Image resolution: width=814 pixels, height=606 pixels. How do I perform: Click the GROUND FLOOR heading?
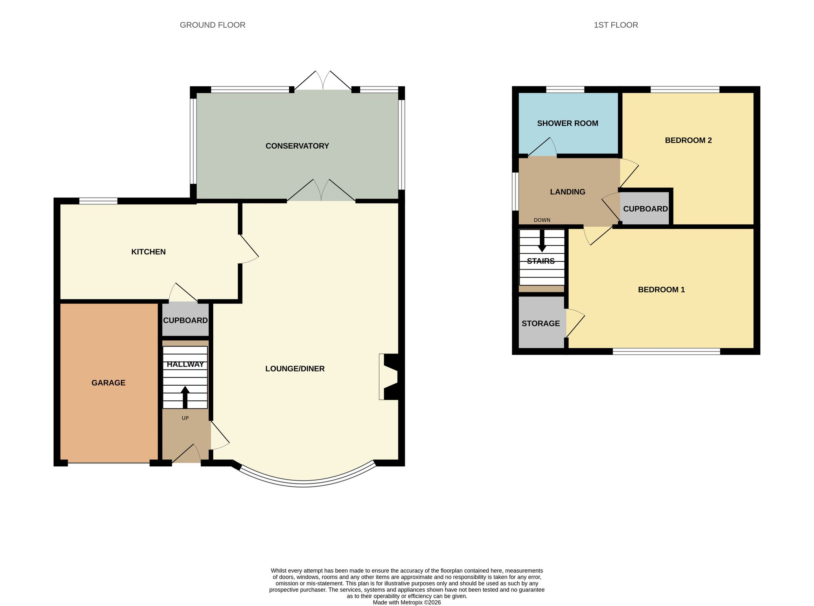pos(212,25)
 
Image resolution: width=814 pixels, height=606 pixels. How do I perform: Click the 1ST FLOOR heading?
pos(616,25)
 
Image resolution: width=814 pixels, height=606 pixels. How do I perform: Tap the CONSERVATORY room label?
pos(297,146)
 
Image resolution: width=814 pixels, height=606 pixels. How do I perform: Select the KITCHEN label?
pos(148,252)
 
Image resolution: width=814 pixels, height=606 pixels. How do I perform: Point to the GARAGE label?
pos(108,383)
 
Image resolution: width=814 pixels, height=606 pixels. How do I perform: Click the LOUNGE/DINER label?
pos(295,369)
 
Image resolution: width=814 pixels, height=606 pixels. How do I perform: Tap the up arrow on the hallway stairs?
pos(185,397)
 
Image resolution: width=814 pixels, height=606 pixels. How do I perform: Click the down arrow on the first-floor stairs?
pos(542,241)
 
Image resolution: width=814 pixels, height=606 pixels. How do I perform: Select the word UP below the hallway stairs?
pos(185,418)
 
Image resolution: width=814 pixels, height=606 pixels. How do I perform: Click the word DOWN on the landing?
pos(542,220)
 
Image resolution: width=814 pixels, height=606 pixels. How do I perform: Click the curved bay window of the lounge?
pos(304,484)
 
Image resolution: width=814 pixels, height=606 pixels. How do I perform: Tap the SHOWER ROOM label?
pos(567,123)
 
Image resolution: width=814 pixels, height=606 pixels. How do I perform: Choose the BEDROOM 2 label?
pos(688,141)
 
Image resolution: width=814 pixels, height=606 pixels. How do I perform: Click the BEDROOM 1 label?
pos(661,290)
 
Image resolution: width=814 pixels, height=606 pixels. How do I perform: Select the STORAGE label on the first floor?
pos(540,323)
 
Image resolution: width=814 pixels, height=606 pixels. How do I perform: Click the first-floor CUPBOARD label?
pos(646,209)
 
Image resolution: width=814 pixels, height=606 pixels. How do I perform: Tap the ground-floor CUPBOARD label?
pos(186,321)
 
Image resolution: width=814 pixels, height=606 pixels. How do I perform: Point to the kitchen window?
pos(98,200)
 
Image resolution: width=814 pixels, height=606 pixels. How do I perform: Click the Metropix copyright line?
pos(407,602)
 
